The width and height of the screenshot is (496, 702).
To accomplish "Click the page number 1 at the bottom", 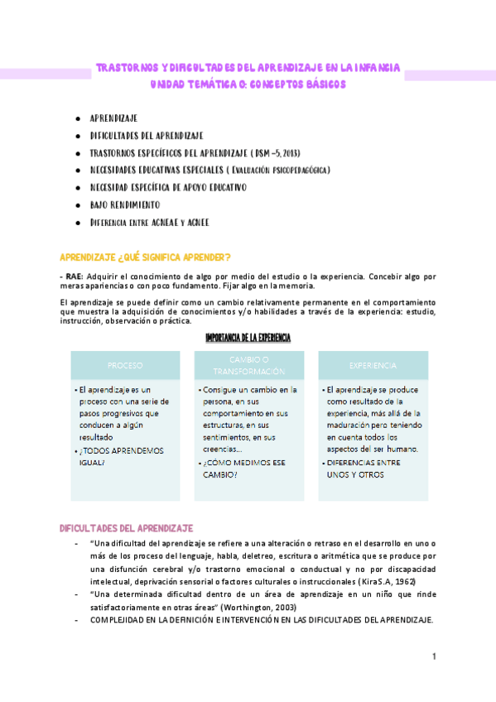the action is click(433, 656).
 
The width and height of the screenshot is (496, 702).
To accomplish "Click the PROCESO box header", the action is click(125, 365).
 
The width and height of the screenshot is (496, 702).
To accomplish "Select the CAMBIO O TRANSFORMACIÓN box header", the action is click(248, 365).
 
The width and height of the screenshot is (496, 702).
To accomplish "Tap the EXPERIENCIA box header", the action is click(373, 365).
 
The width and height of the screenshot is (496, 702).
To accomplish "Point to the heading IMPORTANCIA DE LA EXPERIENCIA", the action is click(248, 338).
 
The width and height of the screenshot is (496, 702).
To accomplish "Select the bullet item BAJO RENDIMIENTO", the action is click(125, 204).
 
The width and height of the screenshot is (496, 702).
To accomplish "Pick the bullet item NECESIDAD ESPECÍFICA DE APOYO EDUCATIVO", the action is click(167, 187).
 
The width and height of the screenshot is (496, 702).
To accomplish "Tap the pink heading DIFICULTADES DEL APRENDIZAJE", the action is click(126, 527).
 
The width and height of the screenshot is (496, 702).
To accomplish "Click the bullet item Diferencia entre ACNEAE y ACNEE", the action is click(149, 222).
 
